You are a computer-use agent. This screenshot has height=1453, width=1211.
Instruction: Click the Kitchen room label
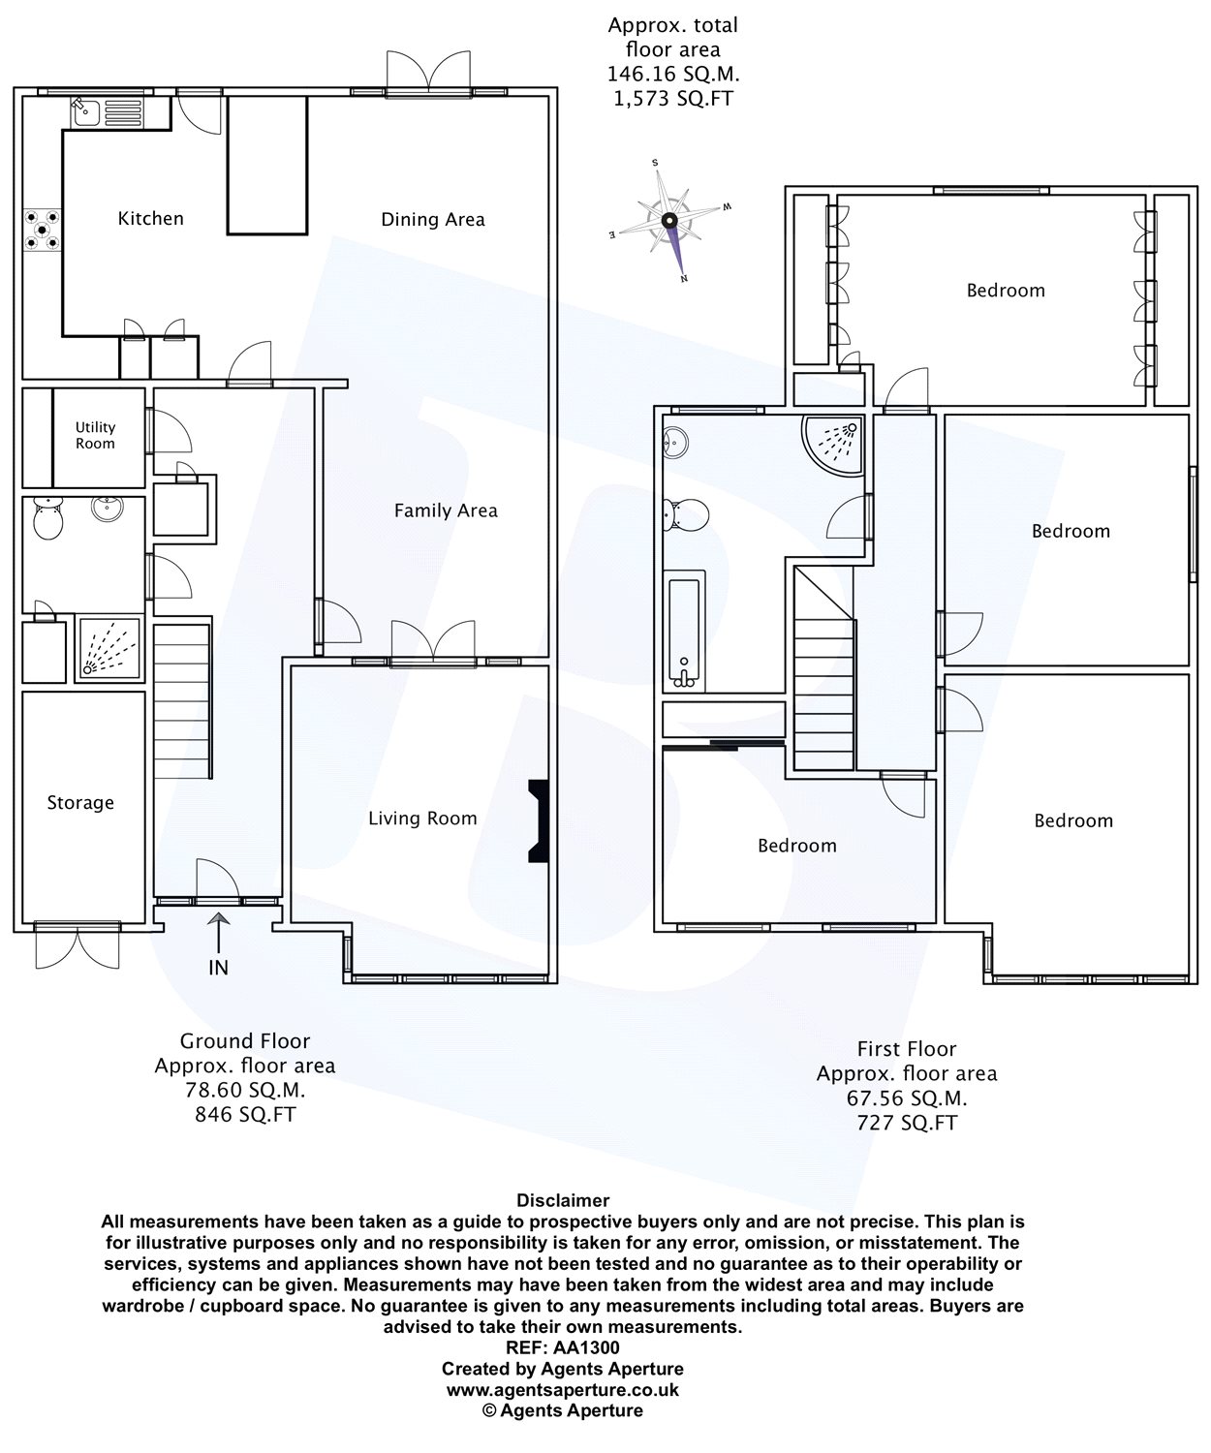150,219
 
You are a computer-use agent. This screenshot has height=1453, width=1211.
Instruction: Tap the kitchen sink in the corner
107,112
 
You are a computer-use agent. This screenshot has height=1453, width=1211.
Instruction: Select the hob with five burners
42,230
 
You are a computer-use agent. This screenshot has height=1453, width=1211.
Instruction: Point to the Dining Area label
433,220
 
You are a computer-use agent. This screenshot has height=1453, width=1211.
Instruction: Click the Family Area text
446,510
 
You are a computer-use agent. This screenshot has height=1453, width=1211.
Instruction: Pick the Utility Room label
95,436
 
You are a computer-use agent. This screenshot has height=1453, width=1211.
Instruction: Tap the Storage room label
80,803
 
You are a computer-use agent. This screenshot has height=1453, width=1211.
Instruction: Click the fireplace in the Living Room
540,821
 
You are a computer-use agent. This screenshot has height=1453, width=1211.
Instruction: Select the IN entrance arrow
219,933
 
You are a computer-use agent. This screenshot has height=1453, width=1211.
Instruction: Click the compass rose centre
668,221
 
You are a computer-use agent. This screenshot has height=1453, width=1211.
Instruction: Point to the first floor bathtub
686,631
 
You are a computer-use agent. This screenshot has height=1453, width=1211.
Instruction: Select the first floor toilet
686,515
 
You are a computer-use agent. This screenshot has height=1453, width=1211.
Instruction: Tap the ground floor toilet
47,519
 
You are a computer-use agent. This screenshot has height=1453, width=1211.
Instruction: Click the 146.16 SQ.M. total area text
673,74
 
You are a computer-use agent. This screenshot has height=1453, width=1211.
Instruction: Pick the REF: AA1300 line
562,1348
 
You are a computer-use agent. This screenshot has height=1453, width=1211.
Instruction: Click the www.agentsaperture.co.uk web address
562,1390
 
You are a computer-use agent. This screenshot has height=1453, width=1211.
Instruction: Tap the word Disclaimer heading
563,1200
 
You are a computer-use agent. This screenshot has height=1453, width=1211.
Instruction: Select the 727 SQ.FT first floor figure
907,1123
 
